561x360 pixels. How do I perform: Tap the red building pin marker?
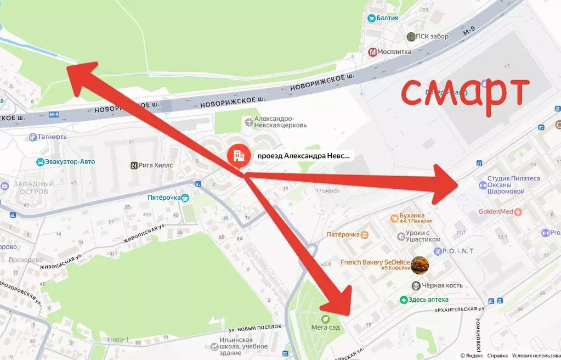[239, 156]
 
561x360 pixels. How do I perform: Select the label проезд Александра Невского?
[303, 156]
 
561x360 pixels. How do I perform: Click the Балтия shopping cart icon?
[372, 18]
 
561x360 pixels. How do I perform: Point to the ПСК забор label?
[432, 37]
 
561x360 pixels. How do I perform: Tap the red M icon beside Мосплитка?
[372, 52]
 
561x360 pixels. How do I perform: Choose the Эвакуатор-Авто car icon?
[41, 162]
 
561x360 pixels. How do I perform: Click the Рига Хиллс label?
[156, 165]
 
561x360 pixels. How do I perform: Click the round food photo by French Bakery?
[420, 266]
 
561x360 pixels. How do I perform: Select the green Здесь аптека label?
[428, 300]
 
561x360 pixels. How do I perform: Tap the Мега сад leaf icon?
[325, 318]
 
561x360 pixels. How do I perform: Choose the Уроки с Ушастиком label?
[418, 236]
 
